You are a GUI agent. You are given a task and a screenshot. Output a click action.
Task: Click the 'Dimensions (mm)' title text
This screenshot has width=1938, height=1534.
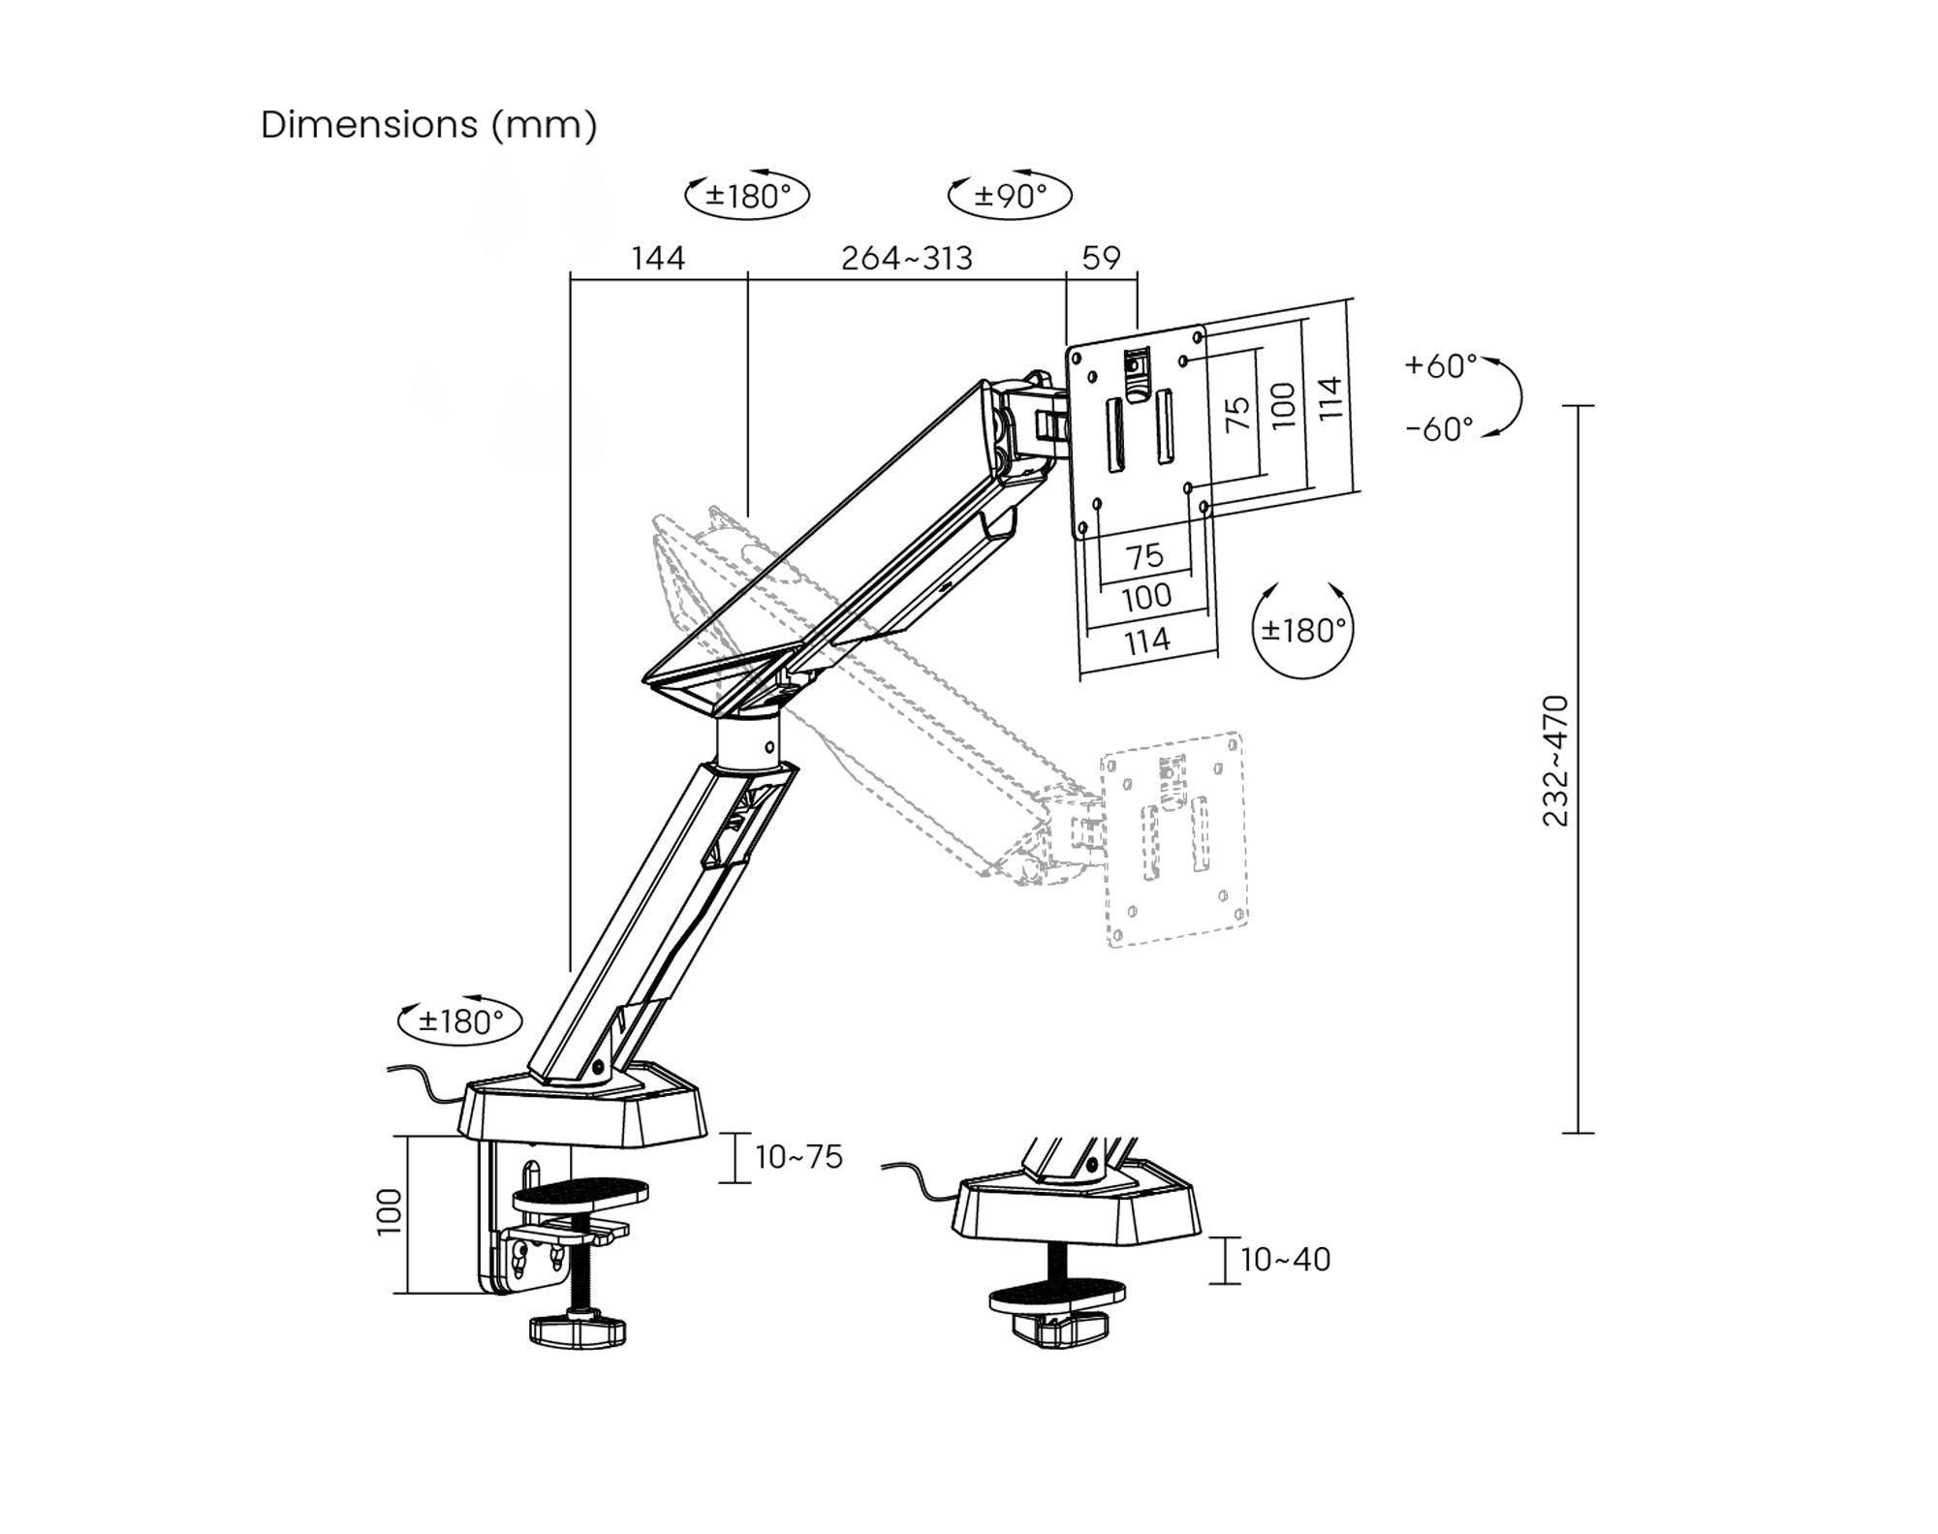click(x=428, y=125)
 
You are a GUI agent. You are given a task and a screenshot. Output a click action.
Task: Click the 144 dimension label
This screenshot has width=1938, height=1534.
click(x=658, y=258)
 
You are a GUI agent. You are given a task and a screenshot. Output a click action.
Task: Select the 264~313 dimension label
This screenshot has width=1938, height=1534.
click(x=906, y=258)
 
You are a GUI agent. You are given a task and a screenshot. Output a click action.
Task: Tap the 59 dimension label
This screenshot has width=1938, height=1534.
click(x=1101, y=258)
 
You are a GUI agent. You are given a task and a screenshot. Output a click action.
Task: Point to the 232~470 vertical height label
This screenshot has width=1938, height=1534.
click(x=1554, y=761)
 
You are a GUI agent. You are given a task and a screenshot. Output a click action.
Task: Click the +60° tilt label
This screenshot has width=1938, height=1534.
click(x=1441, y=365)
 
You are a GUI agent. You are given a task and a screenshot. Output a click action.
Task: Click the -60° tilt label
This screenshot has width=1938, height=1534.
click(x=1440, y=428)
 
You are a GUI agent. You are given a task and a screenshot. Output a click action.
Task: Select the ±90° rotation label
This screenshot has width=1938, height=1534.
click(x=1011, y=196)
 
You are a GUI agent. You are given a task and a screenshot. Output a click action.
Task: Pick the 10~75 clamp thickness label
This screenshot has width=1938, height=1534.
click(x=798, y=1157)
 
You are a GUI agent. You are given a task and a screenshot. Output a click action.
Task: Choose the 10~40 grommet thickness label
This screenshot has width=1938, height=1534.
click(x=1285, y=1260)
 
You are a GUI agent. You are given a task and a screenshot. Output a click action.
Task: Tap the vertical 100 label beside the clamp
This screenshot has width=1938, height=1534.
click(x=389, y=1211)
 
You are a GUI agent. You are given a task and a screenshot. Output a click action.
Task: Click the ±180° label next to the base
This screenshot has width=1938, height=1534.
click(x=461, y=1021)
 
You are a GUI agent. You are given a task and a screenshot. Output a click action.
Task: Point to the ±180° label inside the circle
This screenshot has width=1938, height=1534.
click(x=1303, y=631)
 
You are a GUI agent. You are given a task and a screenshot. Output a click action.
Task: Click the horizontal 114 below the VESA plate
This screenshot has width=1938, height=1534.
click(x=1146, y=641)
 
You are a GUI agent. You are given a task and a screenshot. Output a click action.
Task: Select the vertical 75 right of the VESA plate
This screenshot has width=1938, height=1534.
click(x=1237, y=414)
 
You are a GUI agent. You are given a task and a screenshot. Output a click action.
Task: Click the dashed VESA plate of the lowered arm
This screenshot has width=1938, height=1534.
click(x=1174, y=839)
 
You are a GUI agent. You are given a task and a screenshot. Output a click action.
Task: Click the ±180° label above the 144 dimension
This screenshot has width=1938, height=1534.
click(x=747, y=197)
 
